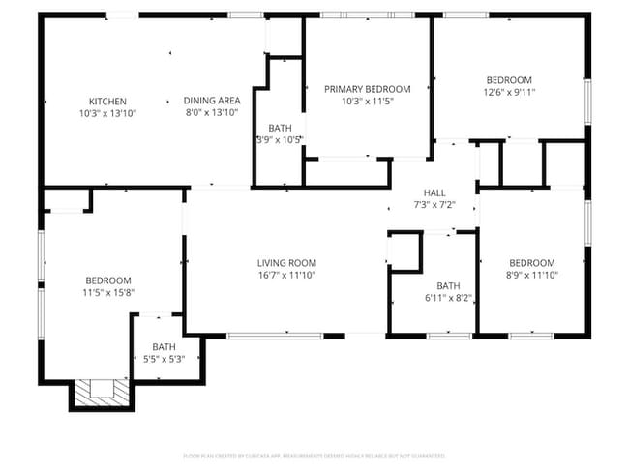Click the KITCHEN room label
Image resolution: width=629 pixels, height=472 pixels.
point(107,102)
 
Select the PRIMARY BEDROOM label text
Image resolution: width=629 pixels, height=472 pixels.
point(367,89)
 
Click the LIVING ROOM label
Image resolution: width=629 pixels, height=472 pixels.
point(286,263)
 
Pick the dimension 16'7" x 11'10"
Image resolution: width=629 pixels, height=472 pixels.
point(286,275)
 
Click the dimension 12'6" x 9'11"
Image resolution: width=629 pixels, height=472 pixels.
point(509,92)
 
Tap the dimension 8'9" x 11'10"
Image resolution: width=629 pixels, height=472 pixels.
point(531,275)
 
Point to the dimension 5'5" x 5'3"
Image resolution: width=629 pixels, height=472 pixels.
point(164,359)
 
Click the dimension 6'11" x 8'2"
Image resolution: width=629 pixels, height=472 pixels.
point(448,298)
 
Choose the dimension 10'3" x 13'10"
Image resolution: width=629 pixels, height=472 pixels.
point(107,113)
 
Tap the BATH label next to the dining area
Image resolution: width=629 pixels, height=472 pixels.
point(280,128)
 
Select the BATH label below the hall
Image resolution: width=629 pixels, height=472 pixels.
point(448,286)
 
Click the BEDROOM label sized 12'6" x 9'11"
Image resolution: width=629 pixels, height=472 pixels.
point(509,79)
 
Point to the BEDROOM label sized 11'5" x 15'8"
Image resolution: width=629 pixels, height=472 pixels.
point(107,280)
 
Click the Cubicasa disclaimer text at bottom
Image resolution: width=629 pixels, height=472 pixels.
point(314,455)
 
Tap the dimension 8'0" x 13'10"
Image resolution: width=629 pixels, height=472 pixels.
point(212,113)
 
